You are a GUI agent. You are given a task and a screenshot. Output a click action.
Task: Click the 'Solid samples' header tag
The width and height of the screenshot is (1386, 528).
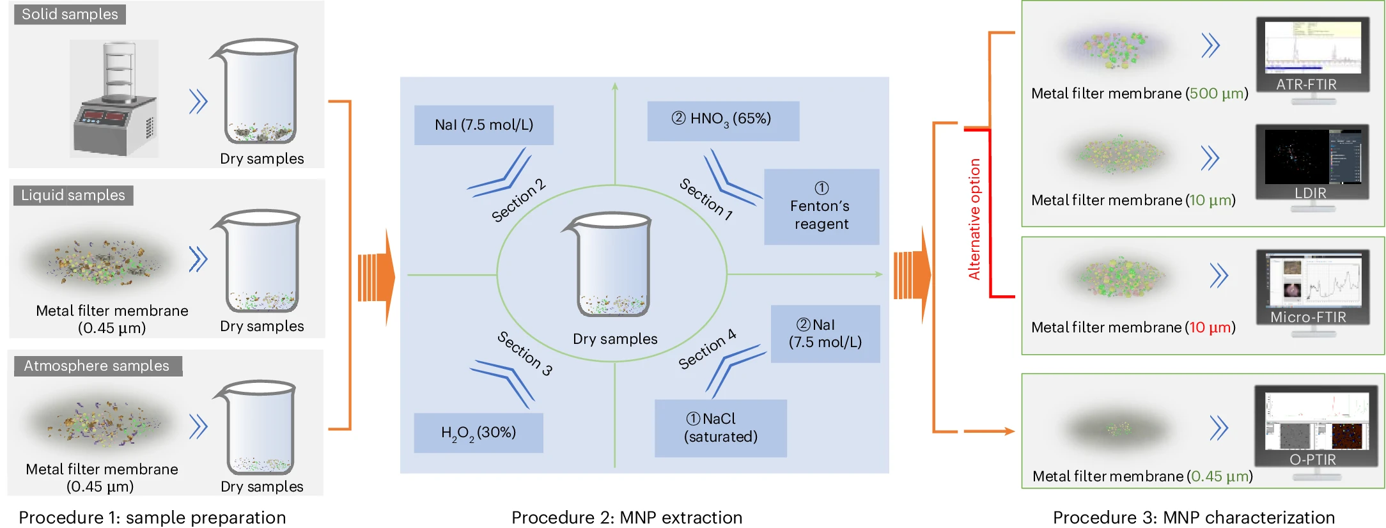(x=70, y=14)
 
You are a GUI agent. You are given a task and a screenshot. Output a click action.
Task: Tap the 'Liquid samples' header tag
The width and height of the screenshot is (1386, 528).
(x=73, y=195)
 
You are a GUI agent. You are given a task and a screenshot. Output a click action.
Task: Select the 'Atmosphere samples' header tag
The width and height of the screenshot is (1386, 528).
(x=97, y=366)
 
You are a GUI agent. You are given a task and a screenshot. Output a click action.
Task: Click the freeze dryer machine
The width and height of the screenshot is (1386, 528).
(x=114, y=99)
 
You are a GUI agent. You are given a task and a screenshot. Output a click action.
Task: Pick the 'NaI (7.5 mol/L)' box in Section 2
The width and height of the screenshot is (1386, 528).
(x=483, y=125)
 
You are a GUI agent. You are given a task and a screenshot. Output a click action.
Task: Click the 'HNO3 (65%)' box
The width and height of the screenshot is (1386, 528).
(x=722, y=120)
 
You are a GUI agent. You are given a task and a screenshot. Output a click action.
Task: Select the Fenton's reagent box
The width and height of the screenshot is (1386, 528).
(x=821, y=207)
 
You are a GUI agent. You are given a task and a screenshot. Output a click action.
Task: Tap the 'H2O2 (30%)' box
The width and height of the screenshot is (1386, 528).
(x=478, y=433)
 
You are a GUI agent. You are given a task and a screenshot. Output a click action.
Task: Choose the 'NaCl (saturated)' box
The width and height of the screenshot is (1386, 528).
(x=720, y=428)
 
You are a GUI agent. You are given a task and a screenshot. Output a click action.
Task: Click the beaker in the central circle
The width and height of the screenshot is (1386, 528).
(x=612, y=265)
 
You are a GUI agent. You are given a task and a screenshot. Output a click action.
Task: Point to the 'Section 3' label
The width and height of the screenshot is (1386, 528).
(x=525, y=353)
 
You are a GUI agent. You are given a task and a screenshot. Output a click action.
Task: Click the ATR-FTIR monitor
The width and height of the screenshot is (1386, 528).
(x=1312, y=58)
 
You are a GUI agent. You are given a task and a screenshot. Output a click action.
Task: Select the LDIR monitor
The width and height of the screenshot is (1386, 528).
(x=1312, y=165)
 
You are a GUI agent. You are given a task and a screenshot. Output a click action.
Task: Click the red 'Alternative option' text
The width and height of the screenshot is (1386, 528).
(x=974, y=219)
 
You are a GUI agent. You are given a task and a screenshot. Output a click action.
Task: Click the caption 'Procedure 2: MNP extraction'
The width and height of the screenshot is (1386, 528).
(x=627, y=517)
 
